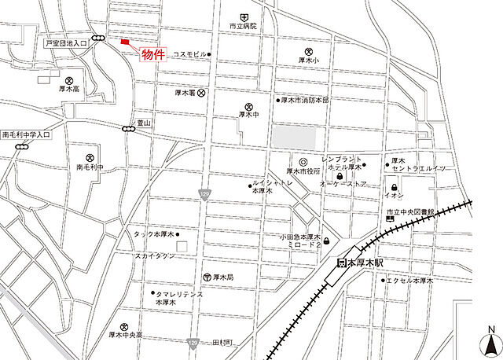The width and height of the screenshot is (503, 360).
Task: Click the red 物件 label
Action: tap(153, 54)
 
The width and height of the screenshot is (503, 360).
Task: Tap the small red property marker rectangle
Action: tap(124, 42)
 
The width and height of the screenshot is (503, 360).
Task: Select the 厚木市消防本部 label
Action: tap(306, 100)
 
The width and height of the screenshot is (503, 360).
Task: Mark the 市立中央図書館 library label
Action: tap(409, 212)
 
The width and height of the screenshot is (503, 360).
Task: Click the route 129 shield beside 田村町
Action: tap(193, 343)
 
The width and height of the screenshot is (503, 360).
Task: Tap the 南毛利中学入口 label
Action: tap(26, 135)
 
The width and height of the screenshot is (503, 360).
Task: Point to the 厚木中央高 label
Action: tap(125, 335)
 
